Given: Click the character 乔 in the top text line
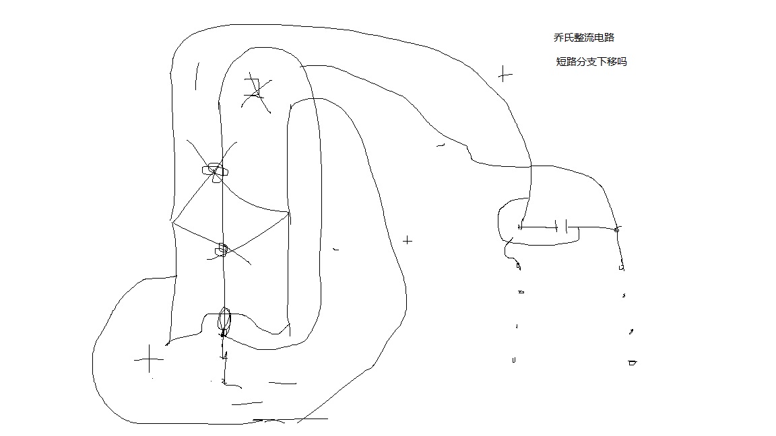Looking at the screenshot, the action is tap(558, 38).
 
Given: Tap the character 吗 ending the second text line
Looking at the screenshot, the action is tap(622, 62).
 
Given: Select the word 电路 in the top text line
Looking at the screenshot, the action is tap(604, 38).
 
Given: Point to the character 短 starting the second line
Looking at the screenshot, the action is tap(561, 62).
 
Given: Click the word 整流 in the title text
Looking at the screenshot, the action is tap(581, 38).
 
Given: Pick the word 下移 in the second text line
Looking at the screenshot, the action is tap(606, 62).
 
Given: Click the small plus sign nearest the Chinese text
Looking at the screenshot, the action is tap(505, 74).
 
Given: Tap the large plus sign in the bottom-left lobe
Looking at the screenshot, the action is tap(149, 360).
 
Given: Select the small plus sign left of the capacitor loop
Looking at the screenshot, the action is tap(408, 240).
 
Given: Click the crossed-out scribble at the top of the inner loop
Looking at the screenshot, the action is tap(255, 93).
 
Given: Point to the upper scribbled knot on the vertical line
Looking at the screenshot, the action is tap(216, 170).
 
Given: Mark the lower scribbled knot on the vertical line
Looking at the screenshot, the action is tap(222, 250).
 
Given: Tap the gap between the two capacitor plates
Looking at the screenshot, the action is tap(561, 227).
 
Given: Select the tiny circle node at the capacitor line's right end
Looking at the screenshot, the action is tap(617, 230).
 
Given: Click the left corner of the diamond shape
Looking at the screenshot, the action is tap(173, 222).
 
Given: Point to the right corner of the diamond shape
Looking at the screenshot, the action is tap(288, 214).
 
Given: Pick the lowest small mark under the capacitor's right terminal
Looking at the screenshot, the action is tap(632, 363).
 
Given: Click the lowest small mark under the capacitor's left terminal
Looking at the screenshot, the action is tap(514, 360).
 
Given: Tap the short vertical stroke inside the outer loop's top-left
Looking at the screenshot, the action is tap(197, 76).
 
